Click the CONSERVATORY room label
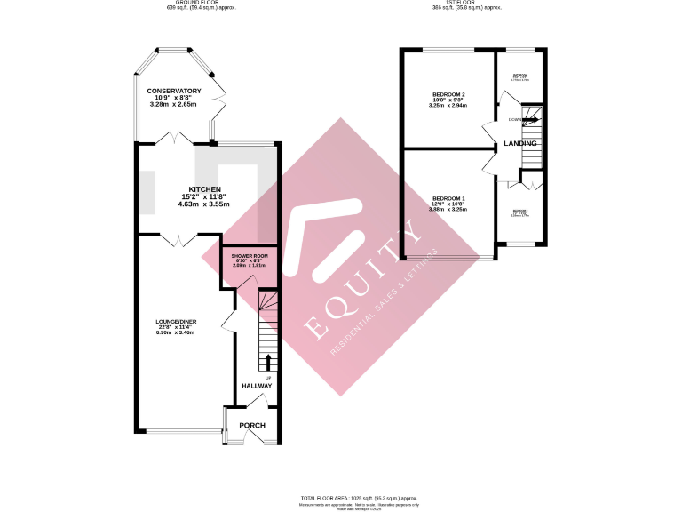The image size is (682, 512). pos(174,92)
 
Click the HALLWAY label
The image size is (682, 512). pos(258,386)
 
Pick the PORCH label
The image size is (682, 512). pos(252,425)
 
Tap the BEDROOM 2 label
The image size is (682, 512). pos(448,94)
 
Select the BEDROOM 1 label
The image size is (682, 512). pos(448,198)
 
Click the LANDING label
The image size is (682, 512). pos(519,143)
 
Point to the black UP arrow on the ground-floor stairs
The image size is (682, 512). pos(268,362)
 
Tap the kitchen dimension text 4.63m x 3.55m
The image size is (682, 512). pos(203,204)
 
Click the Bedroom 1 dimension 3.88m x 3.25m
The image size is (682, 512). pos(448,211)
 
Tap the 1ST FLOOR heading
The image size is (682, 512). pos(465,3)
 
